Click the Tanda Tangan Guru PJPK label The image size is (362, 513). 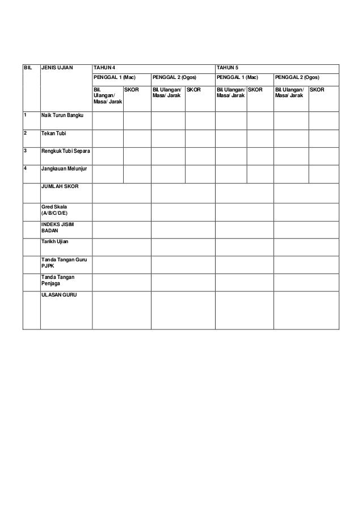pyautogui.click(x=65, y=263)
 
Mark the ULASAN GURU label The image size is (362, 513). pyautogui.click(x=59, y=295)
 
